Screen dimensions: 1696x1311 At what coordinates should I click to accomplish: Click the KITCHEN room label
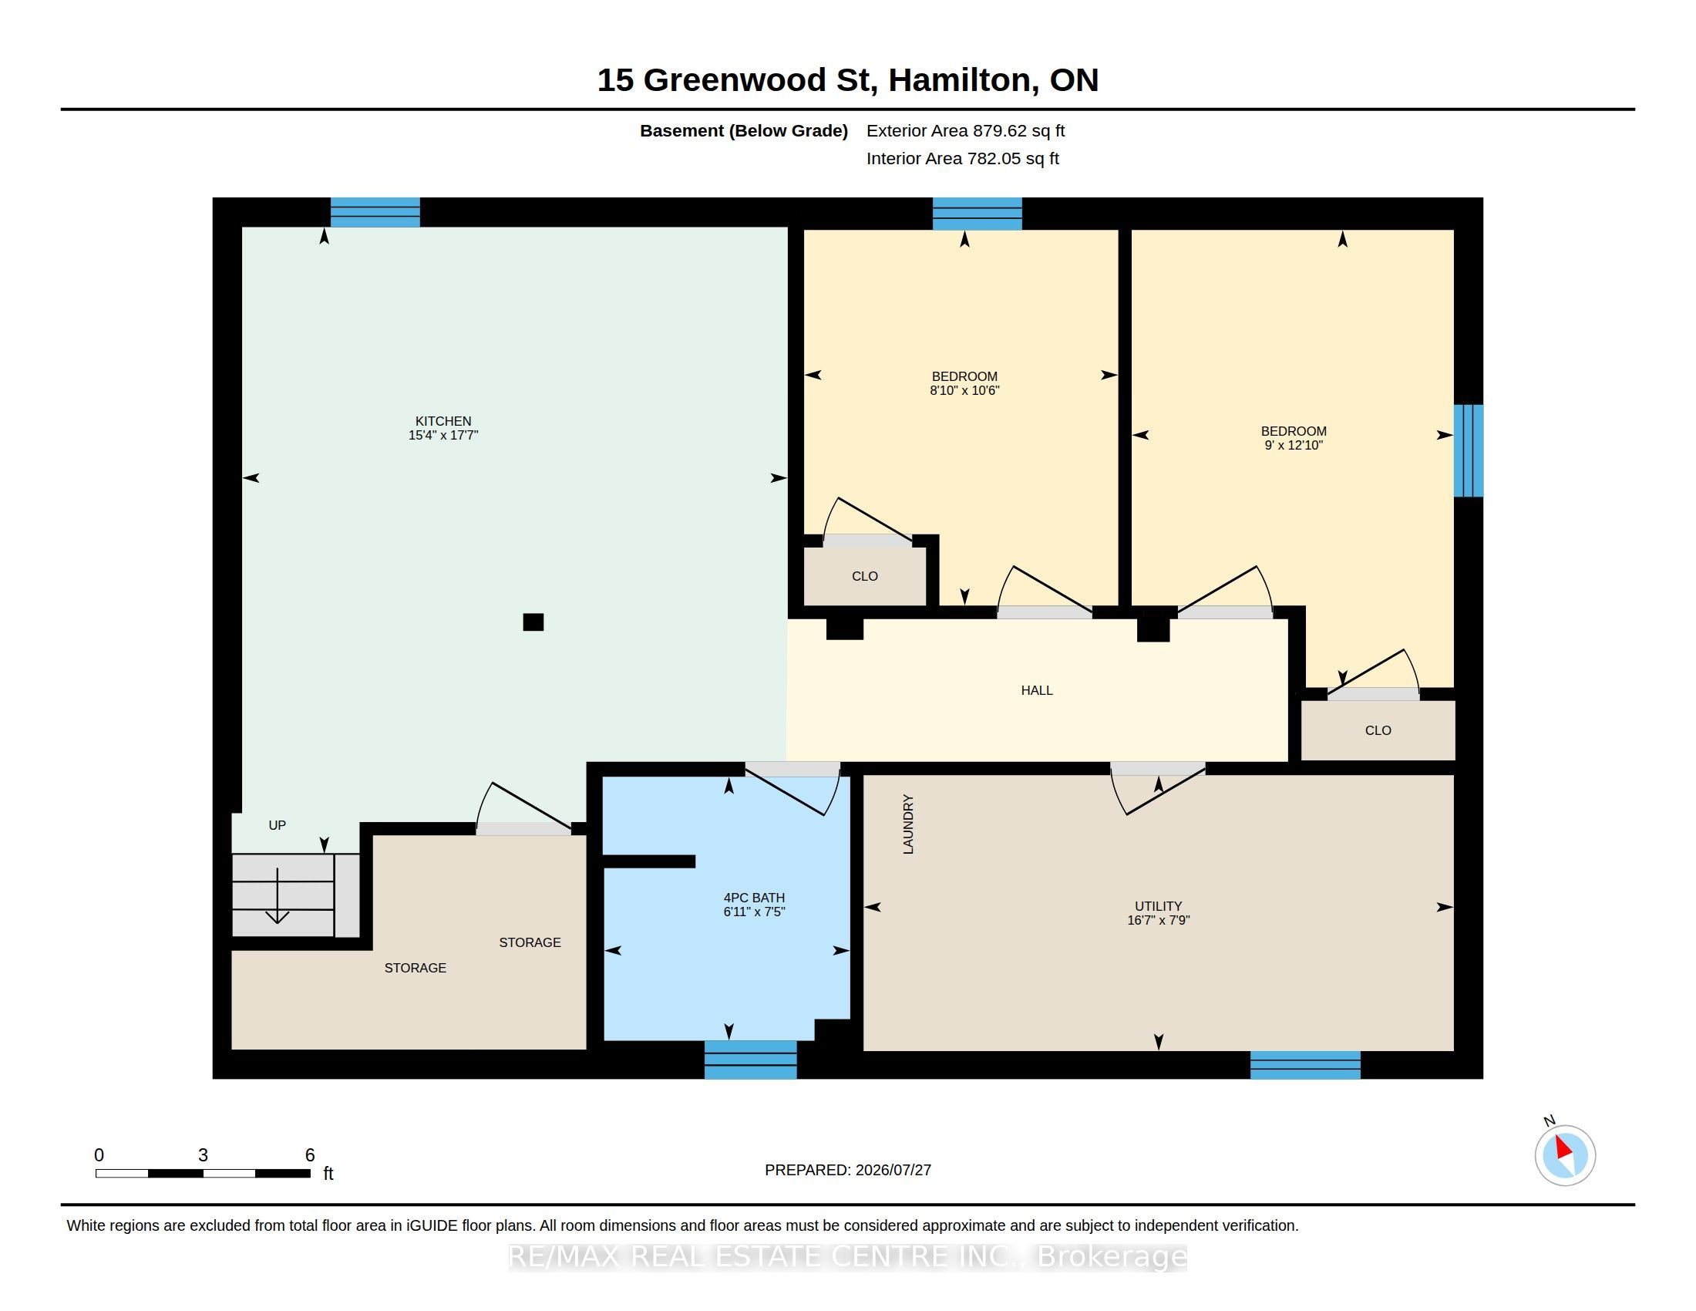pos(443,421)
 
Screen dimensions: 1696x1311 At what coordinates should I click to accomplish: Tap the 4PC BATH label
pos(754,898)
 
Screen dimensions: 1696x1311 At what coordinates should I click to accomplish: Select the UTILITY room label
pos(1159,906)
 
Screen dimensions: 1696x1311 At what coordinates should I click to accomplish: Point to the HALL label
pos(1037,690)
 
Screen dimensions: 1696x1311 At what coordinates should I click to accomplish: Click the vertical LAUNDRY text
pos(908,824)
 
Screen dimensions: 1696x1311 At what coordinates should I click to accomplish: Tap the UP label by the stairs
pos(278,826)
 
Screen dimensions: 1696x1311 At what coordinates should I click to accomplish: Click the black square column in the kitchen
pos(533,622)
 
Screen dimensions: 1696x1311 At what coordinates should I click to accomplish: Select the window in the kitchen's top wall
pos(375,212)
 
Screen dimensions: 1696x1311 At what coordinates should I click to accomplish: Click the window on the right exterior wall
pos(1469,450)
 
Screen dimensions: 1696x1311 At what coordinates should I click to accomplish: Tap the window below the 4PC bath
pos(750,1060)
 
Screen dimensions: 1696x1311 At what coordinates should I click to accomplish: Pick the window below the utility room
pos(1305,1065)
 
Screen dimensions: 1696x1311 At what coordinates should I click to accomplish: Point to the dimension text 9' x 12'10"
pos(1294,446)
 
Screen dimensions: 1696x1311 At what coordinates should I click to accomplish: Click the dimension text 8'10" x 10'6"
pos(964,391)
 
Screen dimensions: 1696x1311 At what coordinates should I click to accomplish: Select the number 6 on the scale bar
pos(310,1155)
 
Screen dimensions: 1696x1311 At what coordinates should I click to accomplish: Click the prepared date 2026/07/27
pos(893,1171)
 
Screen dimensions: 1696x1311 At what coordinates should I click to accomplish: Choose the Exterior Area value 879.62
pos(999,131)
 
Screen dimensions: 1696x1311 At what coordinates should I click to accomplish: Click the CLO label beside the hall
pos(1378,731)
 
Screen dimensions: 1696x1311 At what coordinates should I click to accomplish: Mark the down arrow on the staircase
pos(278,896)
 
